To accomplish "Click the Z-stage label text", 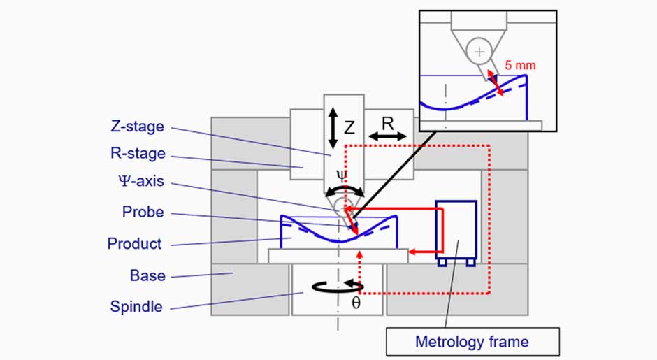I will (137, 127).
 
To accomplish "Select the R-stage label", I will (138, 154).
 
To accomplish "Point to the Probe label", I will (143, 211).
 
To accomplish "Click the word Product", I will (134, 244).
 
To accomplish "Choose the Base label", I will (147, 275).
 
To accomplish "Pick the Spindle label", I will (136, 306).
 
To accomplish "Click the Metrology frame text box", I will (472, 342).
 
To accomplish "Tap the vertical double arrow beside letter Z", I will (333, 127).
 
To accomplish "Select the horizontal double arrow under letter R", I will (387, 137).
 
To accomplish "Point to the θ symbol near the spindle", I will (356, 304).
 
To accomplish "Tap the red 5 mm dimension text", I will (520, 65).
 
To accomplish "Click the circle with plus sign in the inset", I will (479, 52).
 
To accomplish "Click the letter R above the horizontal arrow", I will (388, 123).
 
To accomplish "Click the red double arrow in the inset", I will (494, 82).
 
